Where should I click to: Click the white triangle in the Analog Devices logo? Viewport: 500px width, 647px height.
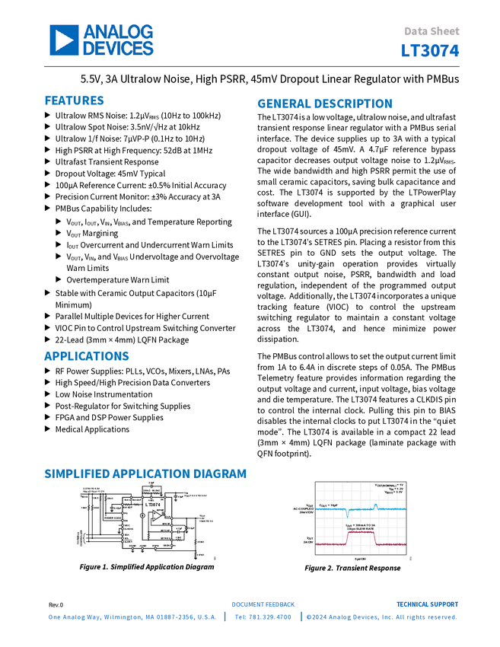click(64, 40)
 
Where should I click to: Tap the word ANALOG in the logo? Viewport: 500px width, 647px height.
click(117, 31)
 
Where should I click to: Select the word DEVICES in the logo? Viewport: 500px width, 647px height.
click(117, 48)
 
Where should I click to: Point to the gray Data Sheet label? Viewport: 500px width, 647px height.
click(432, 32)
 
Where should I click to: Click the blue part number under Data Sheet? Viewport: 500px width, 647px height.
click(431, 51)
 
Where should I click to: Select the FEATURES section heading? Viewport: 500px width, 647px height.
click(75, 100)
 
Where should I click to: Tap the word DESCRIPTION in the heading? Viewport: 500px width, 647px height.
click(354, 104)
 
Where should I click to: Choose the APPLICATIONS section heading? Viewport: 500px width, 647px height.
click(87, 356)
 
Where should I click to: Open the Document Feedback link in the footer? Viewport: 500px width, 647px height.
click(263, 604)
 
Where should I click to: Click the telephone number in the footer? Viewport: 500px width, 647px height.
click(263, 617)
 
